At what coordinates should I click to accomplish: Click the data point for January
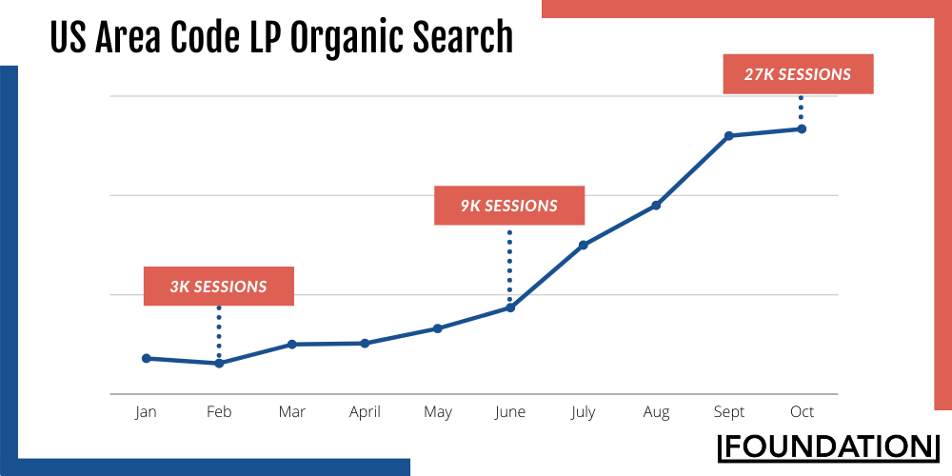pos(147,359)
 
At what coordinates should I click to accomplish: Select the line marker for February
pos(219,364)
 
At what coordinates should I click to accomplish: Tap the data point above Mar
pos(292,344)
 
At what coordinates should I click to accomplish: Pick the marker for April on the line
pos(365,343)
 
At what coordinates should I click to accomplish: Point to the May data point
pos(438,328)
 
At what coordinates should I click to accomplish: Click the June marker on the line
pos(510,307)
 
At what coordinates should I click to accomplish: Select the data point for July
pos(583,245)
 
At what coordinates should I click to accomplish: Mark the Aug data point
pos(656,206)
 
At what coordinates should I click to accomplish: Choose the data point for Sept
pos(728,136)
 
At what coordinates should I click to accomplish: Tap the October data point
pos(802,129)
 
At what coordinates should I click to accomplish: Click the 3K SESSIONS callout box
pos(219,286)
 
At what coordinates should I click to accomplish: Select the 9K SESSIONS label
pos(509,206)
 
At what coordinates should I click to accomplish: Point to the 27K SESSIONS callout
pos(799,74)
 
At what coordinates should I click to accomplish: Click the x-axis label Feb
pos(219,412)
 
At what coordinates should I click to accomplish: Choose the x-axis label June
pos(510,412)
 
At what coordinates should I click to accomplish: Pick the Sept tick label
pos(728,412)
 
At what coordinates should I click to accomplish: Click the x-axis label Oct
pos(802,412)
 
